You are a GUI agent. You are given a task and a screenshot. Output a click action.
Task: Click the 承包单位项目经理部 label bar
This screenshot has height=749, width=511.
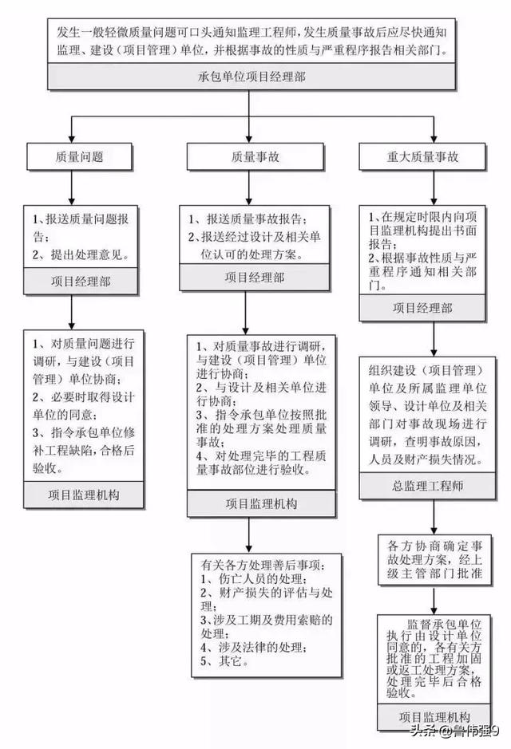(x=251, y=77)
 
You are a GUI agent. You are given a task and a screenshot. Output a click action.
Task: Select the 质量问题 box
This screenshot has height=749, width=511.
(x=79, y=156)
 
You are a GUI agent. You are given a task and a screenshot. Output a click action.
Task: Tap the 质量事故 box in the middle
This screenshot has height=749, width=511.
(x=255, y=156)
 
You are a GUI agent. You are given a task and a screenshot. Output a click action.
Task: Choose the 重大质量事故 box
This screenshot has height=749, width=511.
(x=422, y=156)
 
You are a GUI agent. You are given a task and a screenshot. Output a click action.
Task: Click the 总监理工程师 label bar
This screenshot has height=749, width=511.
(x=427, y=487)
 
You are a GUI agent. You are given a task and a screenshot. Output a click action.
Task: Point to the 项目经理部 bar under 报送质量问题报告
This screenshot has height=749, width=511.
(x=81, y=282)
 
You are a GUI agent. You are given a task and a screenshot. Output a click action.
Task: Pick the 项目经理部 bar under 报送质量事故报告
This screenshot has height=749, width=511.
(x=255, y=278)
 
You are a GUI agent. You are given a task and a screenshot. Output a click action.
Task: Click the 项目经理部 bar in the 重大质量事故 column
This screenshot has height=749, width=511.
(x=422, y=308)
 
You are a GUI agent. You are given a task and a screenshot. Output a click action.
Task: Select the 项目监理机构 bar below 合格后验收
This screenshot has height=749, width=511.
(x=84, y=495)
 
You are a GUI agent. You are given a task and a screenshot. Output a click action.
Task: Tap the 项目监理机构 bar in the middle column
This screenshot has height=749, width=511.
(x=261, y=503)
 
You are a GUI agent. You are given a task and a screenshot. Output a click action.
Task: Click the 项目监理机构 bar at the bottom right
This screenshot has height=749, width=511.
(x=434, y=716)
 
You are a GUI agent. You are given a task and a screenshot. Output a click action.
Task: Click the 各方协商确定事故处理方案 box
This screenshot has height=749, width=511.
(x=434, y=560)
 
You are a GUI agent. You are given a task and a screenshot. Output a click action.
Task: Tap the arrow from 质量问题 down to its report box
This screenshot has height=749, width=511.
(x=72, y=187)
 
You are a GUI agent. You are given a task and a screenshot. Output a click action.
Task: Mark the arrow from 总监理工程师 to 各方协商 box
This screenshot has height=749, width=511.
(x=434, y=518)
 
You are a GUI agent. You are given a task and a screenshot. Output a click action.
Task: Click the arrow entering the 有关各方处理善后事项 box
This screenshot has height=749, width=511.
(x=248, y=535)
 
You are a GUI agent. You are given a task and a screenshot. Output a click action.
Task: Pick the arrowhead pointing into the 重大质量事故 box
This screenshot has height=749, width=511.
(x=434, y=139)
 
